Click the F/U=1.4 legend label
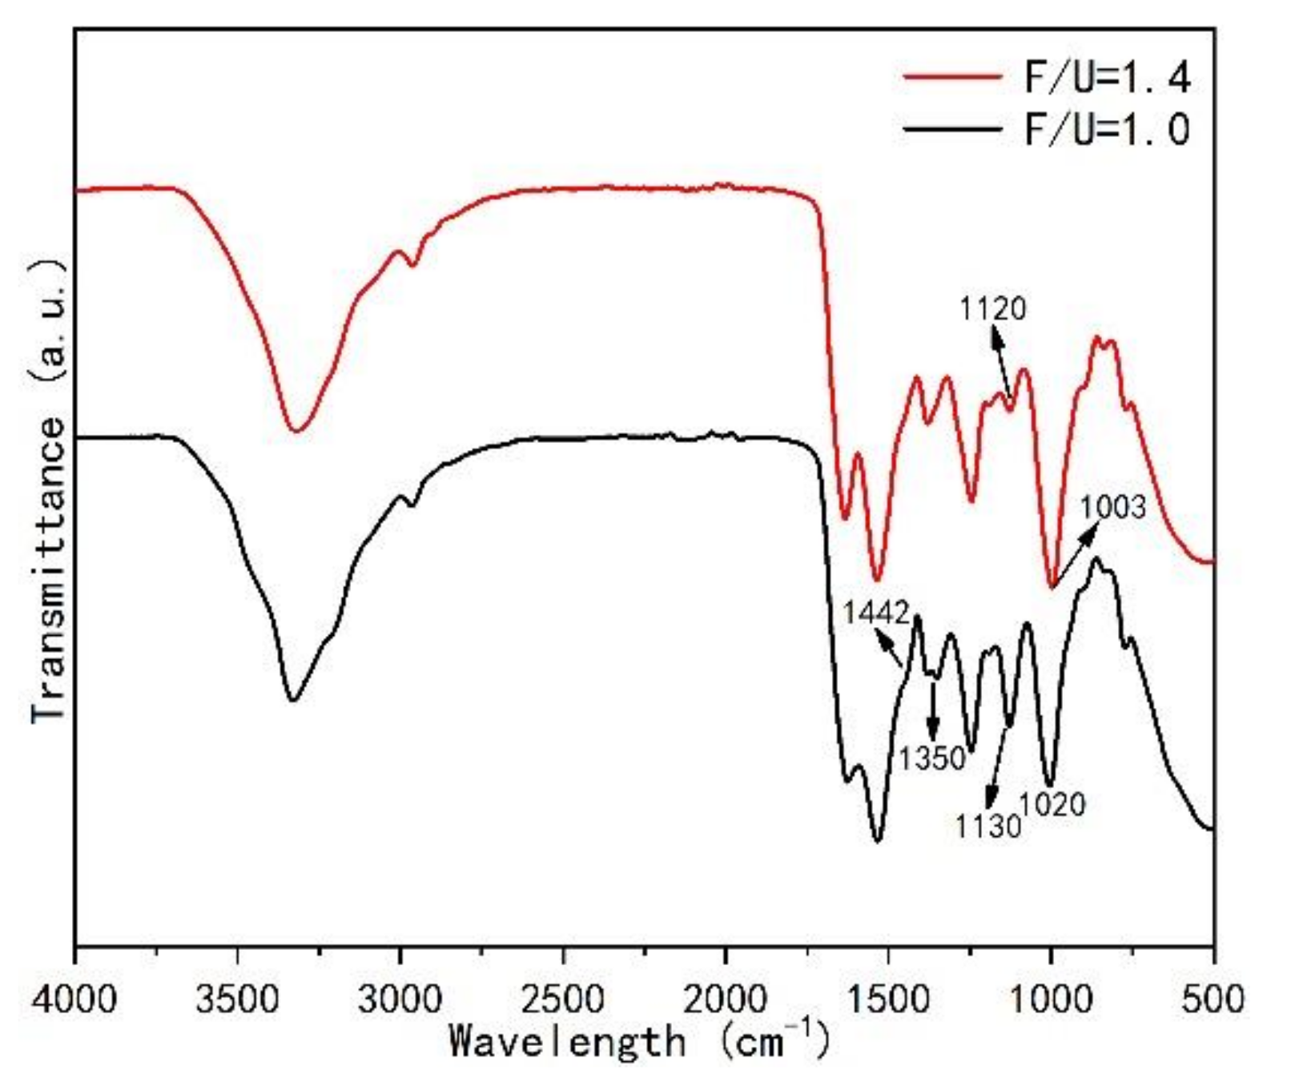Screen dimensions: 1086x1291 point(1108,78)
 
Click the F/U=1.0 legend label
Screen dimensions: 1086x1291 point(1108,129)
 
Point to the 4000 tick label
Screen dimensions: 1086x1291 point(74,1000)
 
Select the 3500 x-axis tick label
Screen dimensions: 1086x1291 point(237,1000)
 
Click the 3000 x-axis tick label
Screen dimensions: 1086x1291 point(400,1000)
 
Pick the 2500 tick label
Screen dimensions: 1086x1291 point(563,1000)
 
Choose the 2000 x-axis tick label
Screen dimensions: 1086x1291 point(726,1000)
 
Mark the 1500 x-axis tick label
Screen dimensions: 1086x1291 point(888,1000)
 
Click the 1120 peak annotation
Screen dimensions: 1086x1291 point(992,308)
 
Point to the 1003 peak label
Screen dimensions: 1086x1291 point(1112,508)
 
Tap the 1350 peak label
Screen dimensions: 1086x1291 point(931,758)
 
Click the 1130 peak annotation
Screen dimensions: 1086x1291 point(987,827)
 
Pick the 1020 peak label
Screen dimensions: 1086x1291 point(1052,804)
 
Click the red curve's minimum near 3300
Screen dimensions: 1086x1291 point(297,431)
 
